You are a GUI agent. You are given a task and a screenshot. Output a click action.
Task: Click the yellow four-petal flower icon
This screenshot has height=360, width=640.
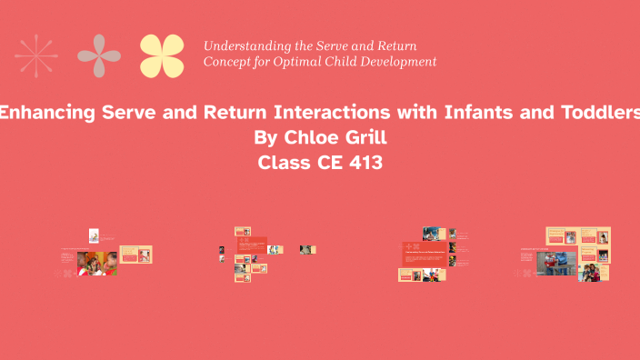tap(162, 55)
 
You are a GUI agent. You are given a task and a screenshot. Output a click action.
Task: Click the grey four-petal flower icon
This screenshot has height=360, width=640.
tap(99, 55)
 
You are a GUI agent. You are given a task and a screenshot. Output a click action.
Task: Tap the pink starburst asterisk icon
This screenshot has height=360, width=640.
tap(36, 55)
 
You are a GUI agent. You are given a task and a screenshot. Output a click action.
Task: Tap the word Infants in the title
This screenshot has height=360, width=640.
tap(480, 114)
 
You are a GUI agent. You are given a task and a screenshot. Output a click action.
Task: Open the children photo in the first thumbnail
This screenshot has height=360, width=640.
tap(96, 263)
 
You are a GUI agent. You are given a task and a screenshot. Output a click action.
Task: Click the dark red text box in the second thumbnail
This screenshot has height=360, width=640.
tap(252, 245)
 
